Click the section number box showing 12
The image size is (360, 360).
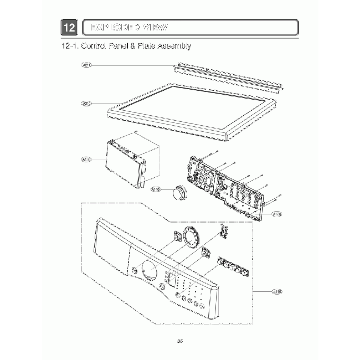coord(69,27)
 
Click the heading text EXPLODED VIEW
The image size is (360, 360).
coord(130,27)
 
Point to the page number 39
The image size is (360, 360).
coord(180,341)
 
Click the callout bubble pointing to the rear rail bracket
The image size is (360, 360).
coord(86,65)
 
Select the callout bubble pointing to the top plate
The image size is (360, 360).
coord(86,103)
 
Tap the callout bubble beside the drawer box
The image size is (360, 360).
coord(86,160)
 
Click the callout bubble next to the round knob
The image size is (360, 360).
coord(156,189)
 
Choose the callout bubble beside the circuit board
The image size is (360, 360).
coord(277,213)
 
